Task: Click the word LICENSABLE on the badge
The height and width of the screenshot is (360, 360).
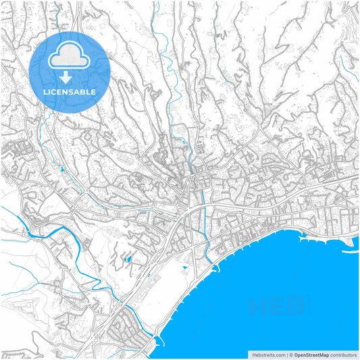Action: tap(70, 91)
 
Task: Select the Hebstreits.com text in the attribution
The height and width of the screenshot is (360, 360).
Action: tap(267, 354)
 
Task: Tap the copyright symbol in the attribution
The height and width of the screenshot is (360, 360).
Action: tap(290, 354)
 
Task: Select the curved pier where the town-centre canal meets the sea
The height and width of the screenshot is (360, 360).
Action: tap(217, 268)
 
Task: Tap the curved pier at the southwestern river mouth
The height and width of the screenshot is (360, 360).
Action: tap(157, 341)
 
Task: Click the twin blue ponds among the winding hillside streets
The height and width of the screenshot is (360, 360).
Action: tap(127, 258)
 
